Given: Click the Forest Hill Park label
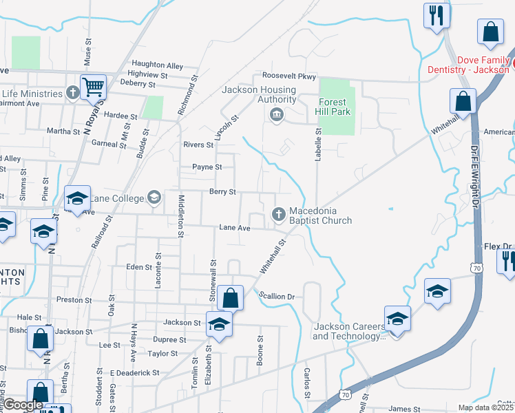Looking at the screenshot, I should point(335,107).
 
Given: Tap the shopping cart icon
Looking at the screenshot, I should point(93,87).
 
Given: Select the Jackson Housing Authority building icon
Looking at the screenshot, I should point(277,114).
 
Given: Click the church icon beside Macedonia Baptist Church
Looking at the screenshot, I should point(280,215).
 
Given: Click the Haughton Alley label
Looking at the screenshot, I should point(158,65).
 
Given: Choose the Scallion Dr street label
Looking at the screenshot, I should point(277,297).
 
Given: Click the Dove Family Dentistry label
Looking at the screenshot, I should point(468,65).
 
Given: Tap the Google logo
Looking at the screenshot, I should point(22,405).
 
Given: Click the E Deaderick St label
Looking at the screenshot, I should point(134,373).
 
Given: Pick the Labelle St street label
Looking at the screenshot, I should point(319,145).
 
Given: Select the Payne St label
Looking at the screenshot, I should point(207,167).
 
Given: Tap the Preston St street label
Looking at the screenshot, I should point(74,300).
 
